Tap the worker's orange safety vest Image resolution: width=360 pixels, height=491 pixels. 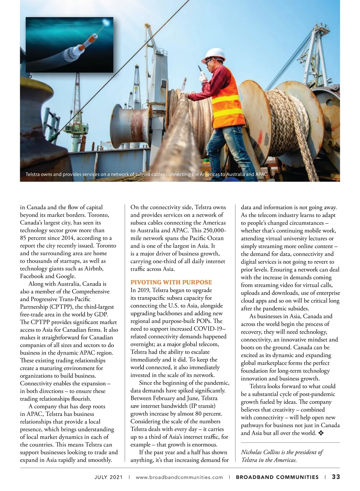tap(226, 99)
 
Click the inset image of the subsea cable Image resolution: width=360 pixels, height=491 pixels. tap(69, 45)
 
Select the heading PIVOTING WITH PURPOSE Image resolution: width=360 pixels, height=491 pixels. tap(171, 282)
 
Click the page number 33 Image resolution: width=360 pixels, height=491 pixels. tap(336, 477)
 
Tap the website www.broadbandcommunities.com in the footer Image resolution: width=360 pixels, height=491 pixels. tap(179, 477)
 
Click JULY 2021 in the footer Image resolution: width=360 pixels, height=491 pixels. tap(108, 477)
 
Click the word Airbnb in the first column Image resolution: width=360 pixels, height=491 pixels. tap(94, 268)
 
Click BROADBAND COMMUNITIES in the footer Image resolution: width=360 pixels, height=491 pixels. tap(277, 477)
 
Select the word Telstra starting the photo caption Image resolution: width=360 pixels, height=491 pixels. tap(34, 174)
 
